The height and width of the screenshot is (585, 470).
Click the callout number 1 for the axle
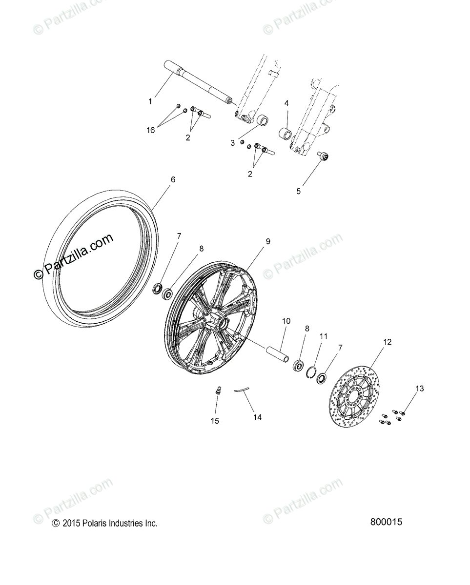[150, 101]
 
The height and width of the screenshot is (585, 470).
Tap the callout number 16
[150, 130]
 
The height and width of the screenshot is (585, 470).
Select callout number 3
[233, 142]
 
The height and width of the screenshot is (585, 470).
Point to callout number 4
[286, 103]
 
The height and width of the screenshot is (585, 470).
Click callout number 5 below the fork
[298, 191]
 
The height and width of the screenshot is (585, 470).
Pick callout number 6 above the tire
[173, 179]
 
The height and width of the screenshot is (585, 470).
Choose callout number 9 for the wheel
[268, 241]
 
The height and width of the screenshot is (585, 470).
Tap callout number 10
[286, 321]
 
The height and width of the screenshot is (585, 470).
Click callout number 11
[323, 336]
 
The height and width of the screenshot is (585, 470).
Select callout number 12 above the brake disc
[387, 342]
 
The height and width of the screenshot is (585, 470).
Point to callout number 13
[420, 389]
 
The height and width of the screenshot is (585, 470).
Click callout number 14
[257, 417]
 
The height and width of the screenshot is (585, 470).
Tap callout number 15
[215, 421]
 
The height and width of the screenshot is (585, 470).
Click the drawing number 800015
[386, 522]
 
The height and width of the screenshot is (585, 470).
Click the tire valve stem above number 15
[218, 390]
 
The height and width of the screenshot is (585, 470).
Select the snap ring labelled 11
[310, 372]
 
